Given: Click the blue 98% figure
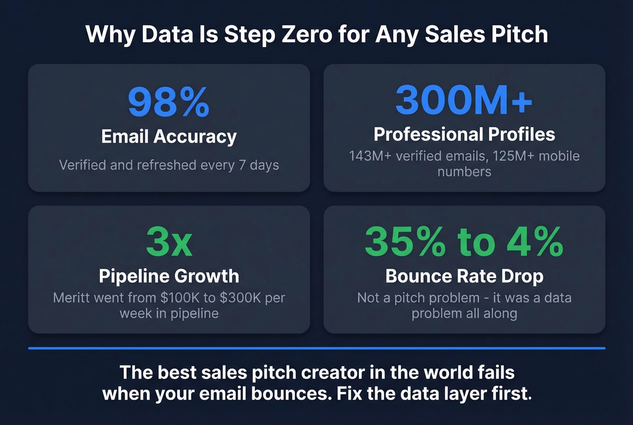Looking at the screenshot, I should click(169, 102).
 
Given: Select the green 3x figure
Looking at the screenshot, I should click(169, 242).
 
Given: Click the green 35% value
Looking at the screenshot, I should click(405, 242).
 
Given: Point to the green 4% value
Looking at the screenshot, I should click(535, 242).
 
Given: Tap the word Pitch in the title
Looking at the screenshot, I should click(520, 34).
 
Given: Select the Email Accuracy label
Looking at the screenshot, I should click(169, 136).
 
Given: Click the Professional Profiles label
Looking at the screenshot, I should click(464, 134).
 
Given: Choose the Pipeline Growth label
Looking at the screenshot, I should click(169, 276).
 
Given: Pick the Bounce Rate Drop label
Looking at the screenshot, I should click(464, 276).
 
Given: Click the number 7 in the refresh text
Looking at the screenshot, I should click(242, 165).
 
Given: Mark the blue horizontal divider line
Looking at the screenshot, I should click(316, 348).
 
